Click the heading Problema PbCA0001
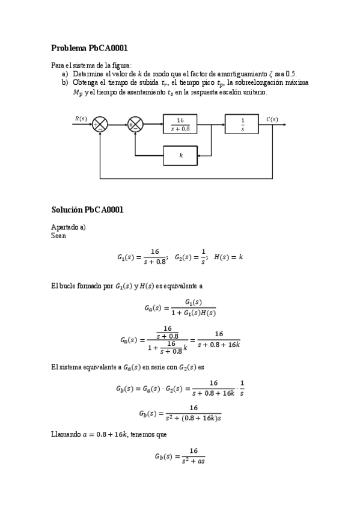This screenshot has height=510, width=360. click(x=90, y=48)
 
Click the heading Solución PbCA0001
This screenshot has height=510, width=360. click(x=88, y=210)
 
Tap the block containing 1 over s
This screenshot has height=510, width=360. click(x=242, y=124)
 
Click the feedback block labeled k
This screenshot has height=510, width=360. click(x=181, y=156)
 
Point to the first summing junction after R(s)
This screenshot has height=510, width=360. click(x=99, y=125)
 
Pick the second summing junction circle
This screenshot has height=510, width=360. click(x=135, y=125)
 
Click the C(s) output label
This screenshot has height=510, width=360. click(x=272, y=118)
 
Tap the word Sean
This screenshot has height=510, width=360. click(x=59, y=236)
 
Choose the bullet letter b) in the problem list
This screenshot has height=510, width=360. click(x=64, y=82)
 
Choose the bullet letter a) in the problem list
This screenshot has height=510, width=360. click(x=64, y=73)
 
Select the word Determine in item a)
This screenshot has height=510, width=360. click(x=88, y=73)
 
